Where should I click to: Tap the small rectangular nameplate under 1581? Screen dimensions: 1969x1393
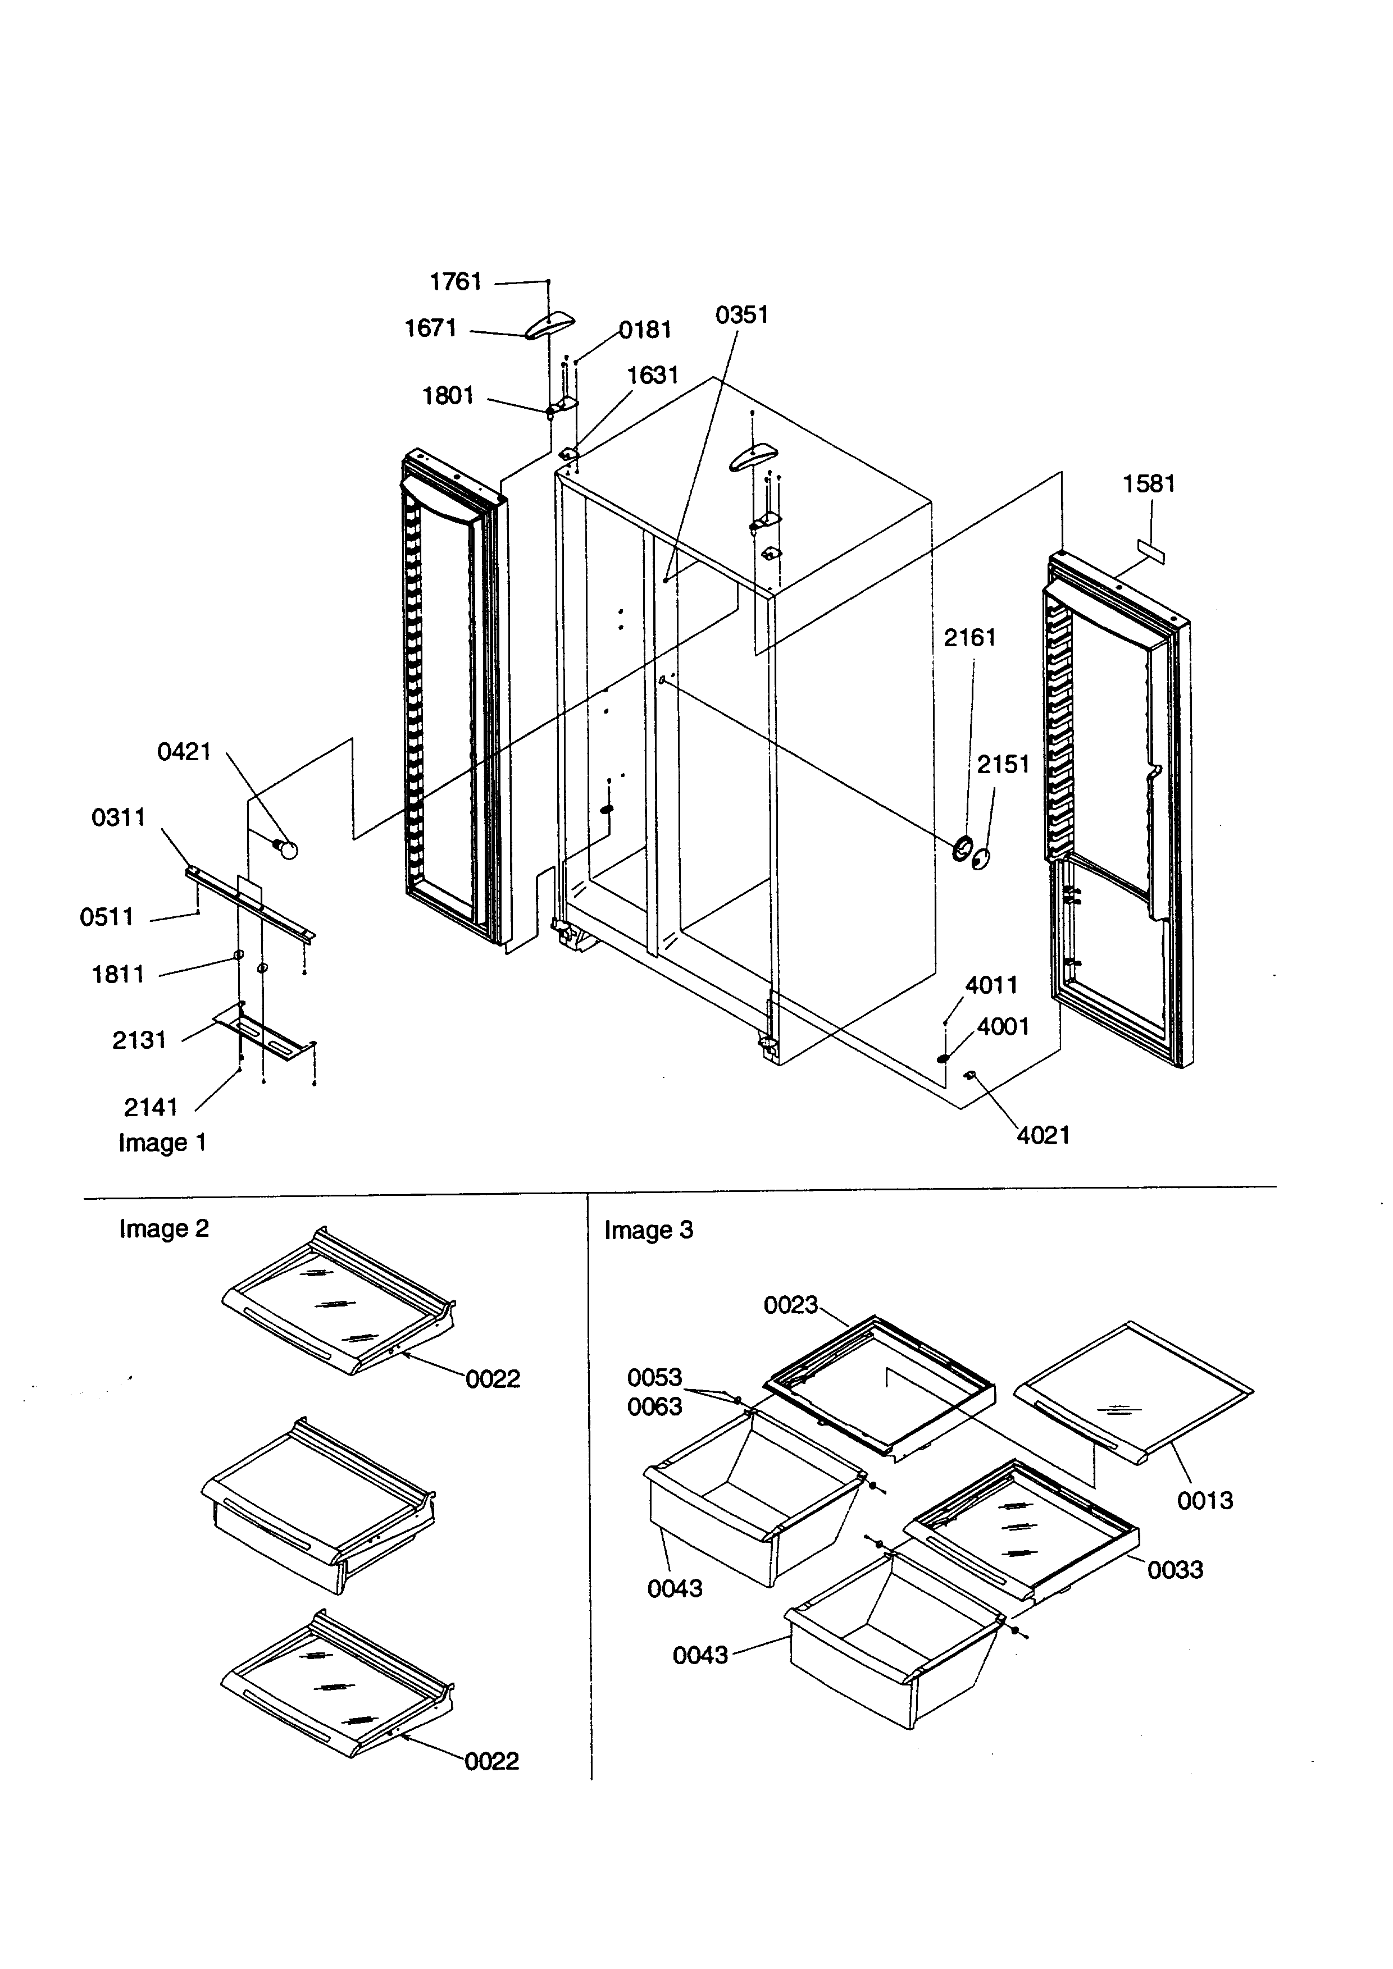click(1151, 552)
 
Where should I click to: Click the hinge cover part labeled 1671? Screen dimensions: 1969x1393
click(549, 326)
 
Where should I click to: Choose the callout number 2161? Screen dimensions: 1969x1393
click(969, 637)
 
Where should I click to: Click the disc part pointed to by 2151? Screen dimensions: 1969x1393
click(981, 858)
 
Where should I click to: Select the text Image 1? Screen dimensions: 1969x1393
click(162, 1143)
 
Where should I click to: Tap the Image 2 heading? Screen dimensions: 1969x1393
click(164, 1229)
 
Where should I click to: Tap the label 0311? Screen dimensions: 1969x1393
click(119, 817)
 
